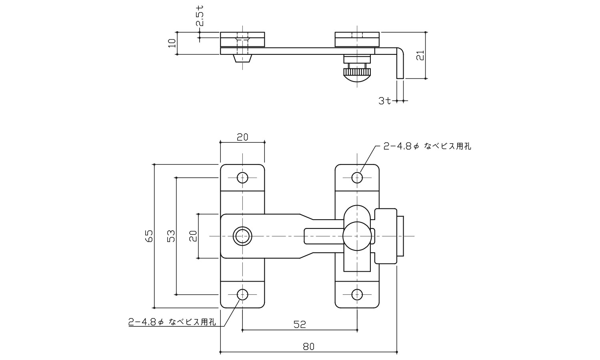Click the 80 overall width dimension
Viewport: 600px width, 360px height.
tap(308, 347)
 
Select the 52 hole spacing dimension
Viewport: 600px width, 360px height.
tap(299, 324)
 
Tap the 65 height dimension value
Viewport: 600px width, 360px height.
tap(149, 236)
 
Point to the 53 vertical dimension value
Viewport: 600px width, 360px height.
tap(171, 236)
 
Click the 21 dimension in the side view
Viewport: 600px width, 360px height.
tap(420, 55)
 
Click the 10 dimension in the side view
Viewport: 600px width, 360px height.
tap(172, 43)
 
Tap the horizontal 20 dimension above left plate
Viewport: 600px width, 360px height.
tap(242, 137)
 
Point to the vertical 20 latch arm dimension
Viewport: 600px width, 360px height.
tap(193, 236)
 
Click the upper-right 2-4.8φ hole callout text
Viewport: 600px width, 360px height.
tap(427, 147)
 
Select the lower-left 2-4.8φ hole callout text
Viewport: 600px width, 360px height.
tap(172, 322)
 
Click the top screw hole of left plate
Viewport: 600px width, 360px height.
tap(242, 177)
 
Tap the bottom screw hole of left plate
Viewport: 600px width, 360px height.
tap(242, 295)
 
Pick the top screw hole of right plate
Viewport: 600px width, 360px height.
tap(357, 177)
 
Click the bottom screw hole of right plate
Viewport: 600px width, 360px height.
tap(357, 295)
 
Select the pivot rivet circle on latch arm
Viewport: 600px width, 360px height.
tap(242, 236)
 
